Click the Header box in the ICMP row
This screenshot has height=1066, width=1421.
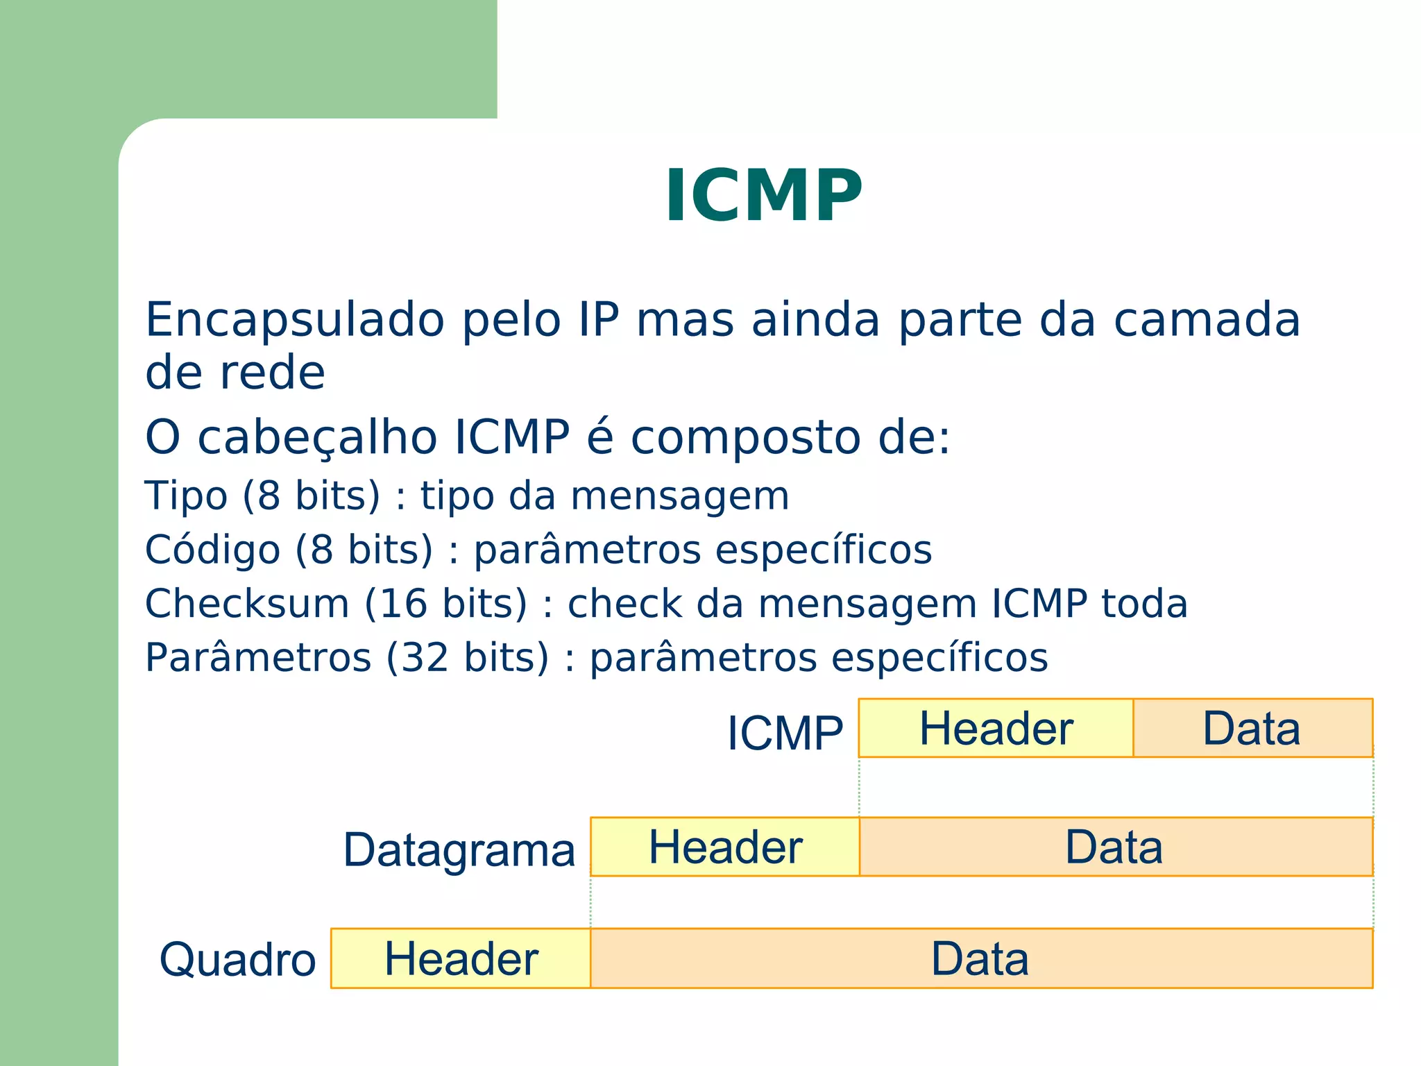[x=996, y=728]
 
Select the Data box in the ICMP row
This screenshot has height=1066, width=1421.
[x=1252, y=728]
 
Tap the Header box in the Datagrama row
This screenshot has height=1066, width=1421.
[x=725, y=847]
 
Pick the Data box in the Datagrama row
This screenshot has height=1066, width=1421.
[x=1115, y=847]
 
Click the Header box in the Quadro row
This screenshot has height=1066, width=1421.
[x=461, y=958]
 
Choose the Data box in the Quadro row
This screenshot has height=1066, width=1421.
[x=980, y=958]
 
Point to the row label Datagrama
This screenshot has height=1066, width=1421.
[x=459, y=850]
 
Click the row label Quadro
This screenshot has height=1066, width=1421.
[x=237, y=960]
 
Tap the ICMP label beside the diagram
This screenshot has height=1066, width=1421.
[x=785, y=733]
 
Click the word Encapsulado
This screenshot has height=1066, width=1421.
[x=295, y=321]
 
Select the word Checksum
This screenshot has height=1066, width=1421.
[x=247, y=603]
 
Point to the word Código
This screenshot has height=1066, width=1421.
[x=212, y=550]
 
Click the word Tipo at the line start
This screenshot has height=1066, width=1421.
[x=186, y=496]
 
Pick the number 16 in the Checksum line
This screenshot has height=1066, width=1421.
[x=403, y=603]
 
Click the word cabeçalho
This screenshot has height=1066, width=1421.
[x=317, y=439]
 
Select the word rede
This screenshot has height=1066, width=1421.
[x=272, y=373]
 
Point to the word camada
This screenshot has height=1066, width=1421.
[x=1207, y=321]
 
